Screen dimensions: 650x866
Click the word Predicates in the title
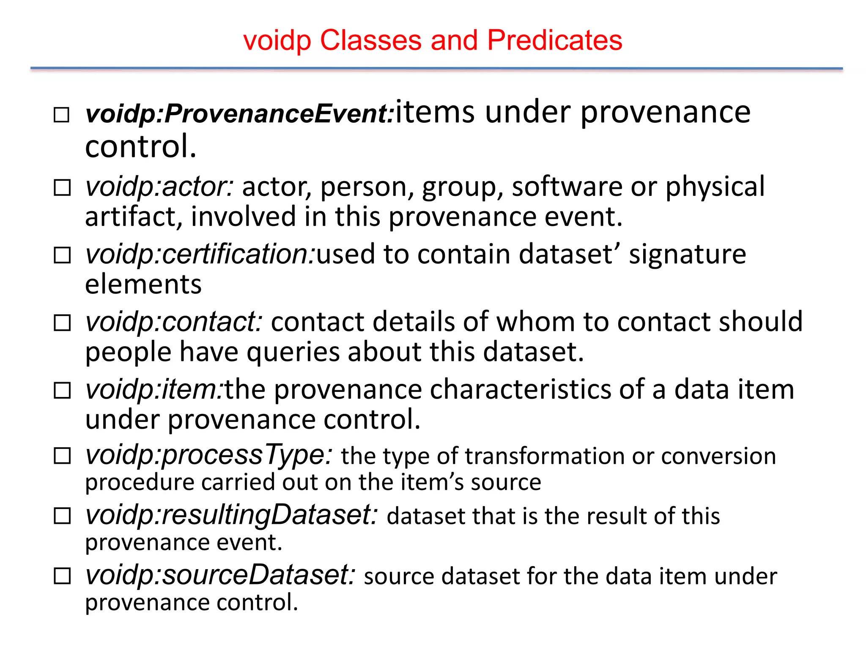click(x=554, y=41)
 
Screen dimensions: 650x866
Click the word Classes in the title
click(x=371, y=41)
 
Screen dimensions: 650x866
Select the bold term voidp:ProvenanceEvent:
click(x=239, y=114)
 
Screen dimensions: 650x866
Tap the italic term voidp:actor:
click(x=159, y=187)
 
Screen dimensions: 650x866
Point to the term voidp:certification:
click(x=200, y=254)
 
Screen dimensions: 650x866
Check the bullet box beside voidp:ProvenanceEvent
click(x=62, y=115)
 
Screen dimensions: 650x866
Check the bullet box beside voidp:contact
click(x=62, y=323)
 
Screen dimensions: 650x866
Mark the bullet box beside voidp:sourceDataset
click(x=62, y=576)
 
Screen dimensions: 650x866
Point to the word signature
click(x=687, y=254)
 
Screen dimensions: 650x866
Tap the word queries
click(x=293, y=352)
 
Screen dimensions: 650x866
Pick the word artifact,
click(x=134, y=217)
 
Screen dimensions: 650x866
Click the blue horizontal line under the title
click(x=436, y=68)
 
